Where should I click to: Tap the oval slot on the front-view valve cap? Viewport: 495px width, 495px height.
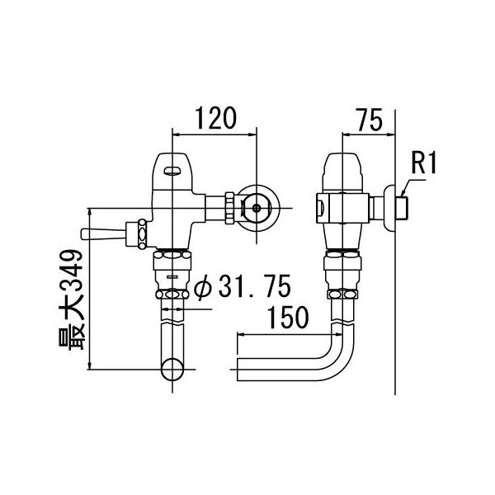coord(172,172)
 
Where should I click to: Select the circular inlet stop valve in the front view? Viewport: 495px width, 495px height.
coord(259,206)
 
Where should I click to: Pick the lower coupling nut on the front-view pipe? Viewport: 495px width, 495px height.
coord(172,295)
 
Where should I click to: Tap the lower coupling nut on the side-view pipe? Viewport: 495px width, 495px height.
coord(340,295)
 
